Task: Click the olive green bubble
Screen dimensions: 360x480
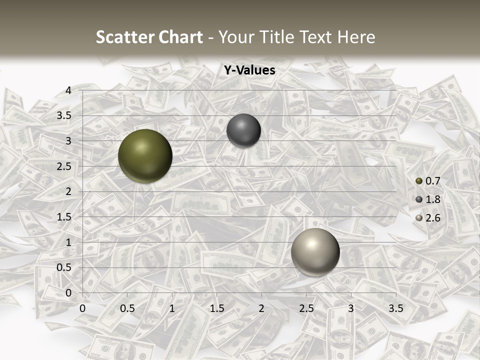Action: (x=145, y=156)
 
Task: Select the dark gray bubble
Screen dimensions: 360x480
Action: (x=243, y=130)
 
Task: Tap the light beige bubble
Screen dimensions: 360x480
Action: (x=315, y=252)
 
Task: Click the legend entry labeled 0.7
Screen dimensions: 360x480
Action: (x=428, y=180)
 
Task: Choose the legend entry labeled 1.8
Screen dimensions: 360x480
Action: (x=428, y=199)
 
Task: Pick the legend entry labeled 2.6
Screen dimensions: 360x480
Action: (x=428, y=218)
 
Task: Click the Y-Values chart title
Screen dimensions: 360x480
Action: (x=249, y=70)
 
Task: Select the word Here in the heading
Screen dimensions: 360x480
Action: (x=356, y=36)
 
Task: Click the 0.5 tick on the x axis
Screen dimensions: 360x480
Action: (x=127, y=308)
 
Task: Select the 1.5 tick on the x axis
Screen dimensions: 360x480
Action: (x=217, y=308)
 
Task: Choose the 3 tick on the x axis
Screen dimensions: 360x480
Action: (x=351, y=308)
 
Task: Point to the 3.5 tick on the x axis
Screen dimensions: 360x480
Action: (x=395, y=308)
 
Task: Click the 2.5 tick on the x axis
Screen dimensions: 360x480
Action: (x=306, y=308)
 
